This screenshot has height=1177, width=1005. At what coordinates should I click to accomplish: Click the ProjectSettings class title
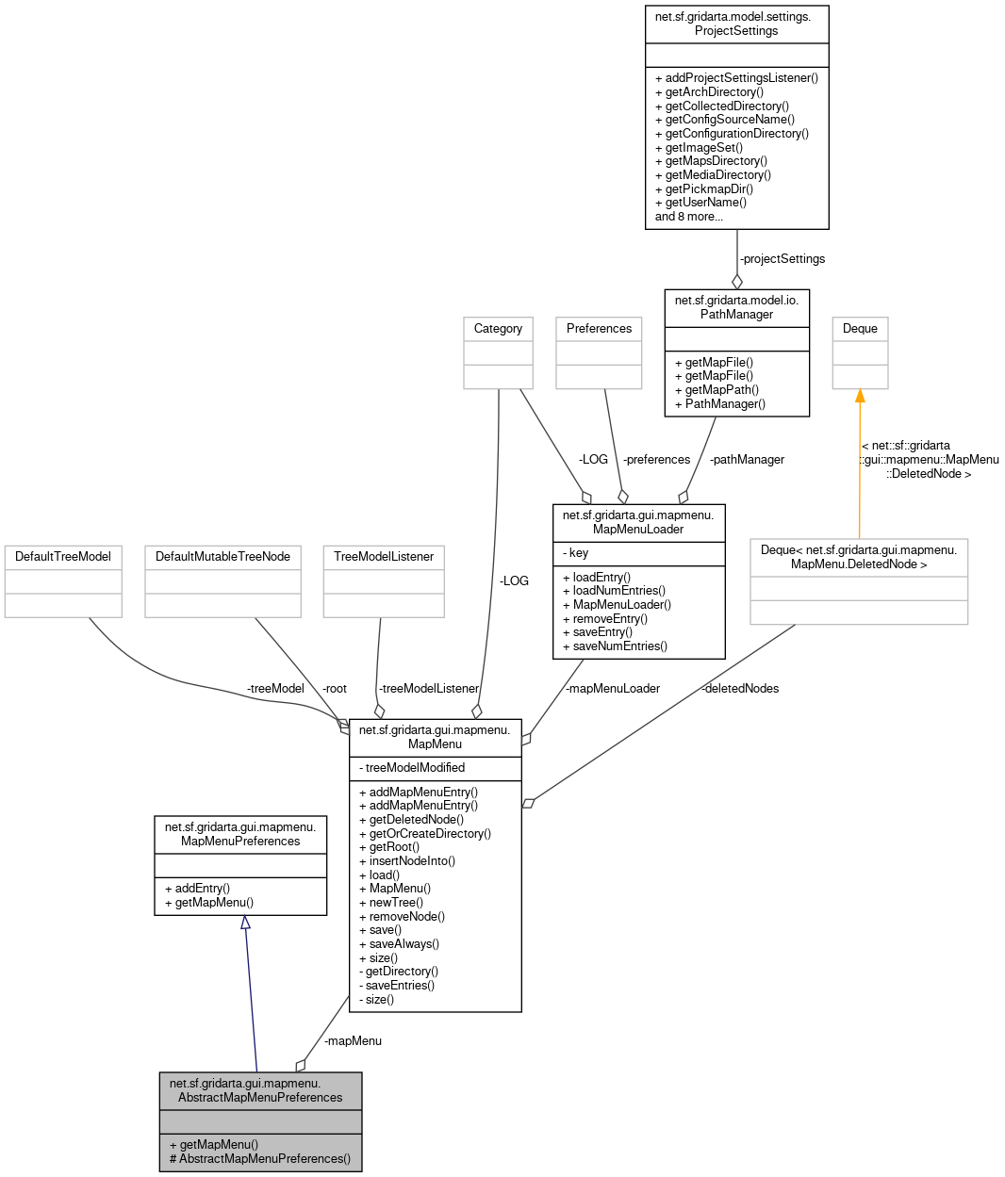coord(736,24)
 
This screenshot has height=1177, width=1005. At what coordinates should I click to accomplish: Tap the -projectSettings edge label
coord(782,259)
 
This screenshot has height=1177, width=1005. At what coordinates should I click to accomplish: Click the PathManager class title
coord(736,307)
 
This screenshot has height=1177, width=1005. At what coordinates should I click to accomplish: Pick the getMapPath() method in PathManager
coord(717,390)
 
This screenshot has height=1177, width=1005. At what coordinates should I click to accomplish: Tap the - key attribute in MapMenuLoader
coord(576,553)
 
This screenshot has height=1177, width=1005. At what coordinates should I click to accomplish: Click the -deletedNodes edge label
coord(740,689)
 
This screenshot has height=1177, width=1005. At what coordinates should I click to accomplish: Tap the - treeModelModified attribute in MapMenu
coord(412,768)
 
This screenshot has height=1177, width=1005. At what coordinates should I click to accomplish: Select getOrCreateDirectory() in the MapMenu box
coord(425,834)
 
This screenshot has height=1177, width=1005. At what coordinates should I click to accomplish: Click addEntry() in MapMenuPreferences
coord(197,889)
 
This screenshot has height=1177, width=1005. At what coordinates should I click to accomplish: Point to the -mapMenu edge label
coord(353,1041)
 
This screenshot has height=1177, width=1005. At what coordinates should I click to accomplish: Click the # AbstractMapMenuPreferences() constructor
coord(260,1159)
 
